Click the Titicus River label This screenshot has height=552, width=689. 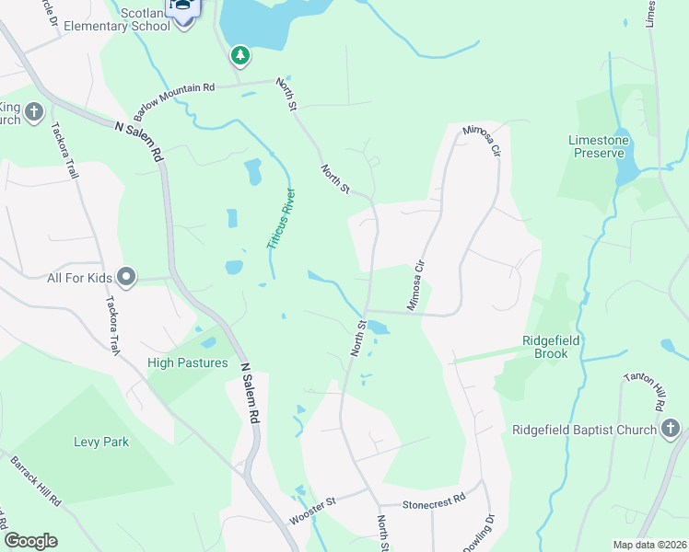tap(281, 220)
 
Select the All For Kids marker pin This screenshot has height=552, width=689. tap(127, 276)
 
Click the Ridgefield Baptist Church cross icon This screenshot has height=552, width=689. tap(671, 429)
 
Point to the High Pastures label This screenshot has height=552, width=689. tap(188, 362)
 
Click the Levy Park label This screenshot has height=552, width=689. tap(101, 442)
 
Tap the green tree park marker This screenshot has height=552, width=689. tap(240, 56)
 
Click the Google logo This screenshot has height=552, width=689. tap(30, 541)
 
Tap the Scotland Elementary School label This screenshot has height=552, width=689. tap(146, 18)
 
